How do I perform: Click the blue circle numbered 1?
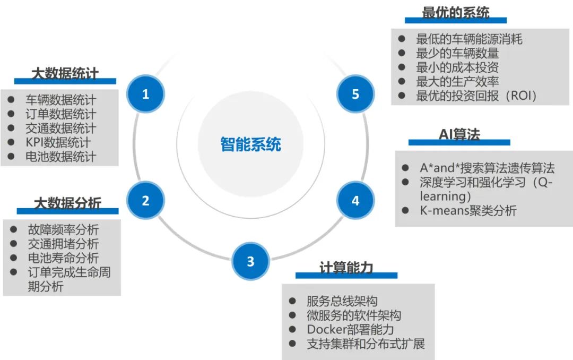145,95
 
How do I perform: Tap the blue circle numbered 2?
145,200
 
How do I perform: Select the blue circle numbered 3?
250,261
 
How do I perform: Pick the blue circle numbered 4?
355,200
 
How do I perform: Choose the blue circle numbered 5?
355,95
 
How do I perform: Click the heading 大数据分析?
67,203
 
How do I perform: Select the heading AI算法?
459,135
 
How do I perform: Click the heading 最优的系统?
455,13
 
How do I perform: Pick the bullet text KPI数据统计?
58,143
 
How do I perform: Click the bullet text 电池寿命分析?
63,258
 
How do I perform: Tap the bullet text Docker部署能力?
350,329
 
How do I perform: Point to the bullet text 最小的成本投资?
457,67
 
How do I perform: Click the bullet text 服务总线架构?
342,301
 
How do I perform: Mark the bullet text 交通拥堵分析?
63,244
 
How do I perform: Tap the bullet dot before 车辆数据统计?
11,100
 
